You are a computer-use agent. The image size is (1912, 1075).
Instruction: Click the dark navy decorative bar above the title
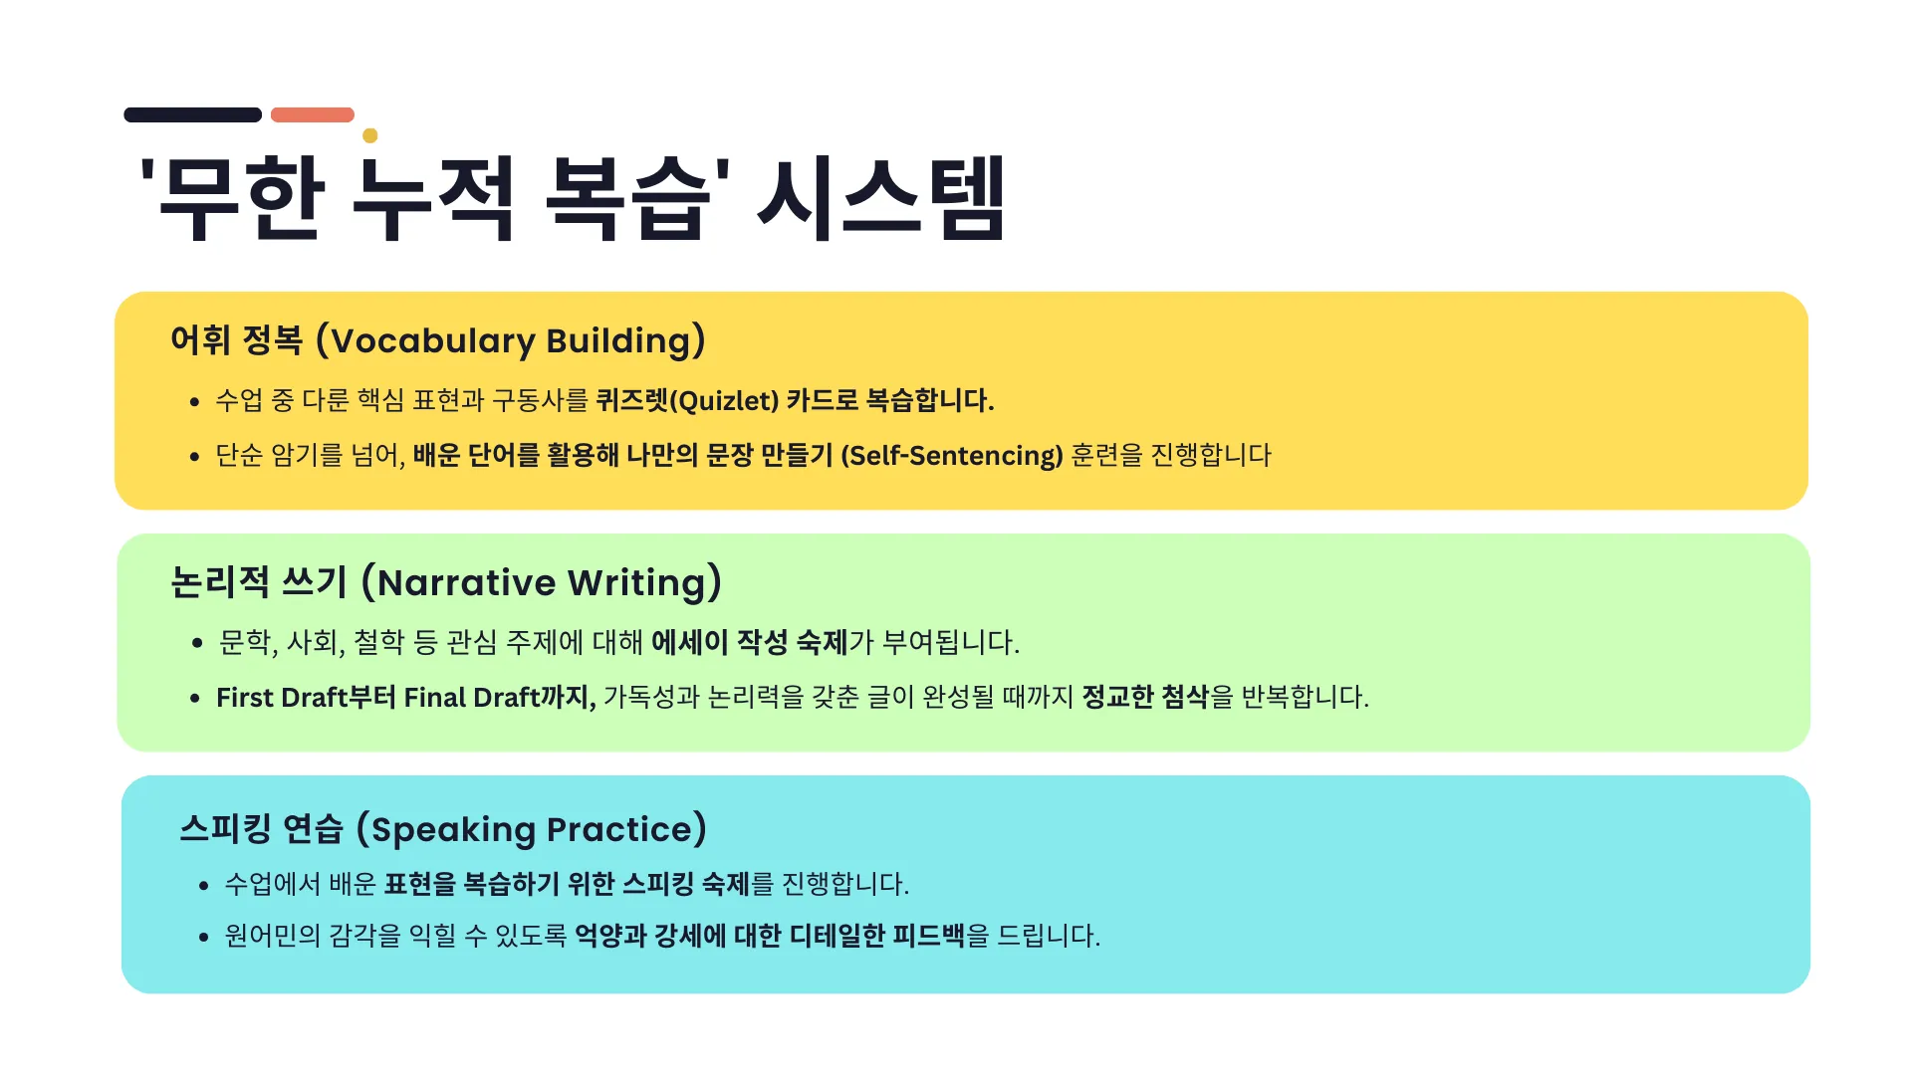pos(192,115)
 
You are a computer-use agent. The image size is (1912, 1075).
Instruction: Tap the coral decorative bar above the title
pos(313,115)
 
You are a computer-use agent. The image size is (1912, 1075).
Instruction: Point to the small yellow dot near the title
pos(370,135)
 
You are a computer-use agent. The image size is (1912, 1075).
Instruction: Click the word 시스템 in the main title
pos(882,199)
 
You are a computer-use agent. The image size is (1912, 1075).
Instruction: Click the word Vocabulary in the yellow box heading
pos(433,341)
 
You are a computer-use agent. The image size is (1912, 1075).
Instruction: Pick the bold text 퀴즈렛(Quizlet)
pos(687,401)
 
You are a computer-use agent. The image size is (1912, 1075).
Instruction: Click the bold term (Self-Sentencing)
pos(952,456)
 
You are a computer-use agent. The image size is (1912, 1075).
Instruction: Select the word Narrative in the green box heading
pos(466,583)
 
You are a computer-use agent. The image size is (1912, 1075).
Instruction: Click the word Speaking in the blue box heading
pos(453,830)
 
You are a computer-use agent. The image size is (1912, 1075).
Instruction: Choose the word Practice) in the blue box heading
pos(626,829)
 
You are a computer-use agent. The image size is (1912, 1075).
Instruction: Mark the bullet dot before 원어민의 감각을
pos(203,938)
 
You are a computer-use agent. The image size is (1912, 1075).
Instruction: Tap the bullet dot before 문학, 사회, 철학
pos(197,644)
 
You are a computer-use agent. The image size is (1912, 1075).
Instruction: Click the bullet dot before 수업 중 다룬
pos(194,403)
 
